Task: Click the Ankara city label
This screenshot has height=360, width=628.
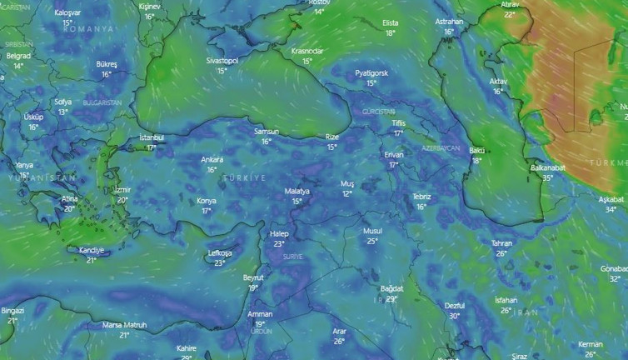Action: point(212,159)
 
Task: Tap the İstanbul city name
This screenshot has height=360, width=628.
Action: point(152,137)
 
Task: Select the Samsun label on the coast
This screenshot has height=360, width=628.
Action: point(267,132)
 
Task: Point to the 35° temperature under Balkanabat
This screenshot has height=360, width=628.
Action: point(547,177)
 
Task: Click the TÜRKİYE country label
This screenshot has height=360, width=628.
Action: point(244,178)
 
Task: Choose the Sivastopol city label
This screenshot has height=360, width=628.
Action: point(222,61)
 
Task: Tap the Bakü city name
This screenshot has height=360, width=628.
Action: point(477,150)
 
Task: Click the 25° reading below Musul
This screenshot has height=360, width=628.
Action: point(372,241)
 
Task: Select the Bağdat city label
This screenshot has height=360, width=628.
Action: point(391,287)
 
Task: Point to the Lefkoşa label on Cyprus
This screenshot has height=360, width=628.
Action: point(219,252)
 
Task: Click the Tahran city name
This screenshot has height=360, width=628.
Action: point(501,242)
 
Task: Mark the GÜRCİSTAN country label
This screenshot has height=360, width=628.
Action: point(379,112)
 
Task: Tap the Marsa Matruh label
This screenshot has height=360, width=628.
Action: point(124,324)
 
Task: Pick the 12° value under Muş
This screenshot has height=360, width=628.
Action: point(347,193)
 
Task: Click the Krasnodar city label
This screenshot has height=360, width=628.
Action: point(307,51)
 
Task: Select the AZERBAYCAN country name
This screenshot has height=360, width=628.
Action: point(441,147)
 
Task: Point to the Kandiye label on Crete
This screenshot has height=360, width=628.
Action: point(91,250)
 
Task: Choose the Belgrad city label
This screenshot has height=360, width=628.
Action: point(18,55)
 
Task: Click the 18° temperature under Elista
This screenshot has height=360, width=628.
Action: point(390,33)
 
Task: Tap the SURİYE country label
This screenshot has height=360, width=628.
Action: point(293,257)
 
